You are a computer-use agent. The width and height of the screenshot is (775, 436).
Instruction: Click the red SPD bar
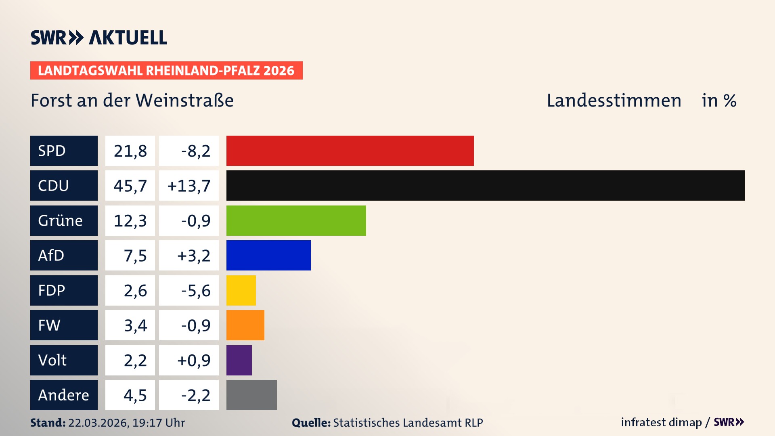[350, 151]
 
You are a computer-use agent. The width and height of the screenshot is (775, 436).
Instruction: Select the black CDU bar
[485, 185]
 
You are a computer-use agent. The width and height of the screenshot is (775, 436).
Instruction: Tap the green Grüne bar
[296, 220]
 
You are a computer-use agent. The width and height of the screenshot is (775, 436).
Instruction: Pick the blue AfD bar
[268, 255]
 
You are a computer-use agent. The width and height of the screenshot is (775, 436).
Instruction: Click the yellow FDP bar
[241, 290]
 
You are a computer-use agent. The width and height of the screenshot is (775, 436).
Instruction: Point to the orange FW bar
[245, 325]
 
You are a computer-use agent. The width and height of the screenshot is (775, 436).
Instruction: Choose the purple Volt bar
[239, 360]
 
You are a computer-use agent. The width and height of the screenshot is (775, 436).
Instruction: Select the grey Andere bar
[251, 395]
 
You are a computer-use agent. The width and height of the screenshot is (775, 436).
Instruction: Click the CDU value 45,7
[130, 186]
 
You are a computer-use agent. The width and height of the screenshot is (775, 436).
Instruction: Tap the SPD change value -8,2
[195, 151]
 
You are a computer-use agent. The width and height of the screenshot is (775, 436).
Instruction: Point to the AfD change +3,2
[193, 256]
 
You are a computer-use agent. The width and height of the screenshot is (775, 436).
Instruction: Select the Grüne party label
[61, 220]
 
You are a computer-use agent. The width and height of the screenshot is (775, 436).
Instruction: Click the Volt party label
[52, 360]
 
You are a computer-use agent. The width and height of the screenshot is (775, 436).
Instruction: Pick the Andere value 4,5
[135, 395]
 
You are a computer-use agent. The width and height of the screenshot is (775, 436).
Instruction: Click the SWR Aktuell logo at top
[98, 38]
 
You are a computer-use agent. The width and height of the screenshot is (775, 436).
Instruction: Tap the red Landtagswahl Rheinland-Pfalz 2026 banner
[166, 70]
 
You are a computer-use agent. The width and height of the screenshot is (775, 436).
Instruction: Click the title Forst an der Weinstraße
[132, 100]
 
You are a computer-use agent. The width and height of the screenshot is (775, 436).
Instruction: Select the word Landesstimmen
[614, 100]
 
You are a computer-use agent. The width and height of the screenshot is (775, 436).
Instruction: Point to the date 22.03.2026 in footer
[98, 423]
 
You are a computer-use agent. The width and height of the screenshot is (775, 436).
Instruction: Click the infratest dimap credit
[661, 422]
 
